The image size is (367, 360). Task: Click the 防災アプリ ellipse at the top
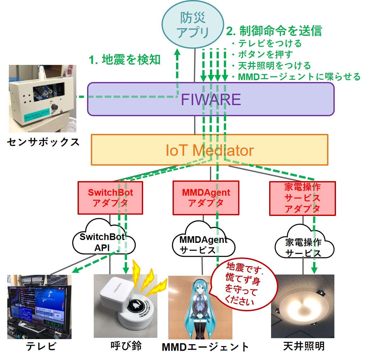193,25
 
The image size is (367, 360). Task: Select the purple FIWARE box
211,99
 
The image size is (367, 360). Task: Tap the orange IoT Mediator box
209,150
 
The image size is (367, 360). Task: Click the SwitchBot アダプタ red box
110,198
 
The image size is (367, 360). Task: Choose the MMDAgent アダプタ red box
206,198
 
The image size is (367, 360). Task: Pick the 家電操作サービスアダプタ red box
302,198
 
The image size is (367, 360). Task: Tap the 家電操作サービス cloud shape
303,247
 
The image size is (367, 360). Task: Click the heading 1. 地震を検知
125,60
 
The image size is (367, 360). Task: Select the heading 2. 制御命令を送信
274,31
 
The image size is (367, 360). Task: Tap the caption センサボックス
43,142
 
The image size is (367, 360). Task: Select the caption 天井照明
304,346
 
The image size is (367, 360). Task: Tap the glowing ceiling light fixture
303,306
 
